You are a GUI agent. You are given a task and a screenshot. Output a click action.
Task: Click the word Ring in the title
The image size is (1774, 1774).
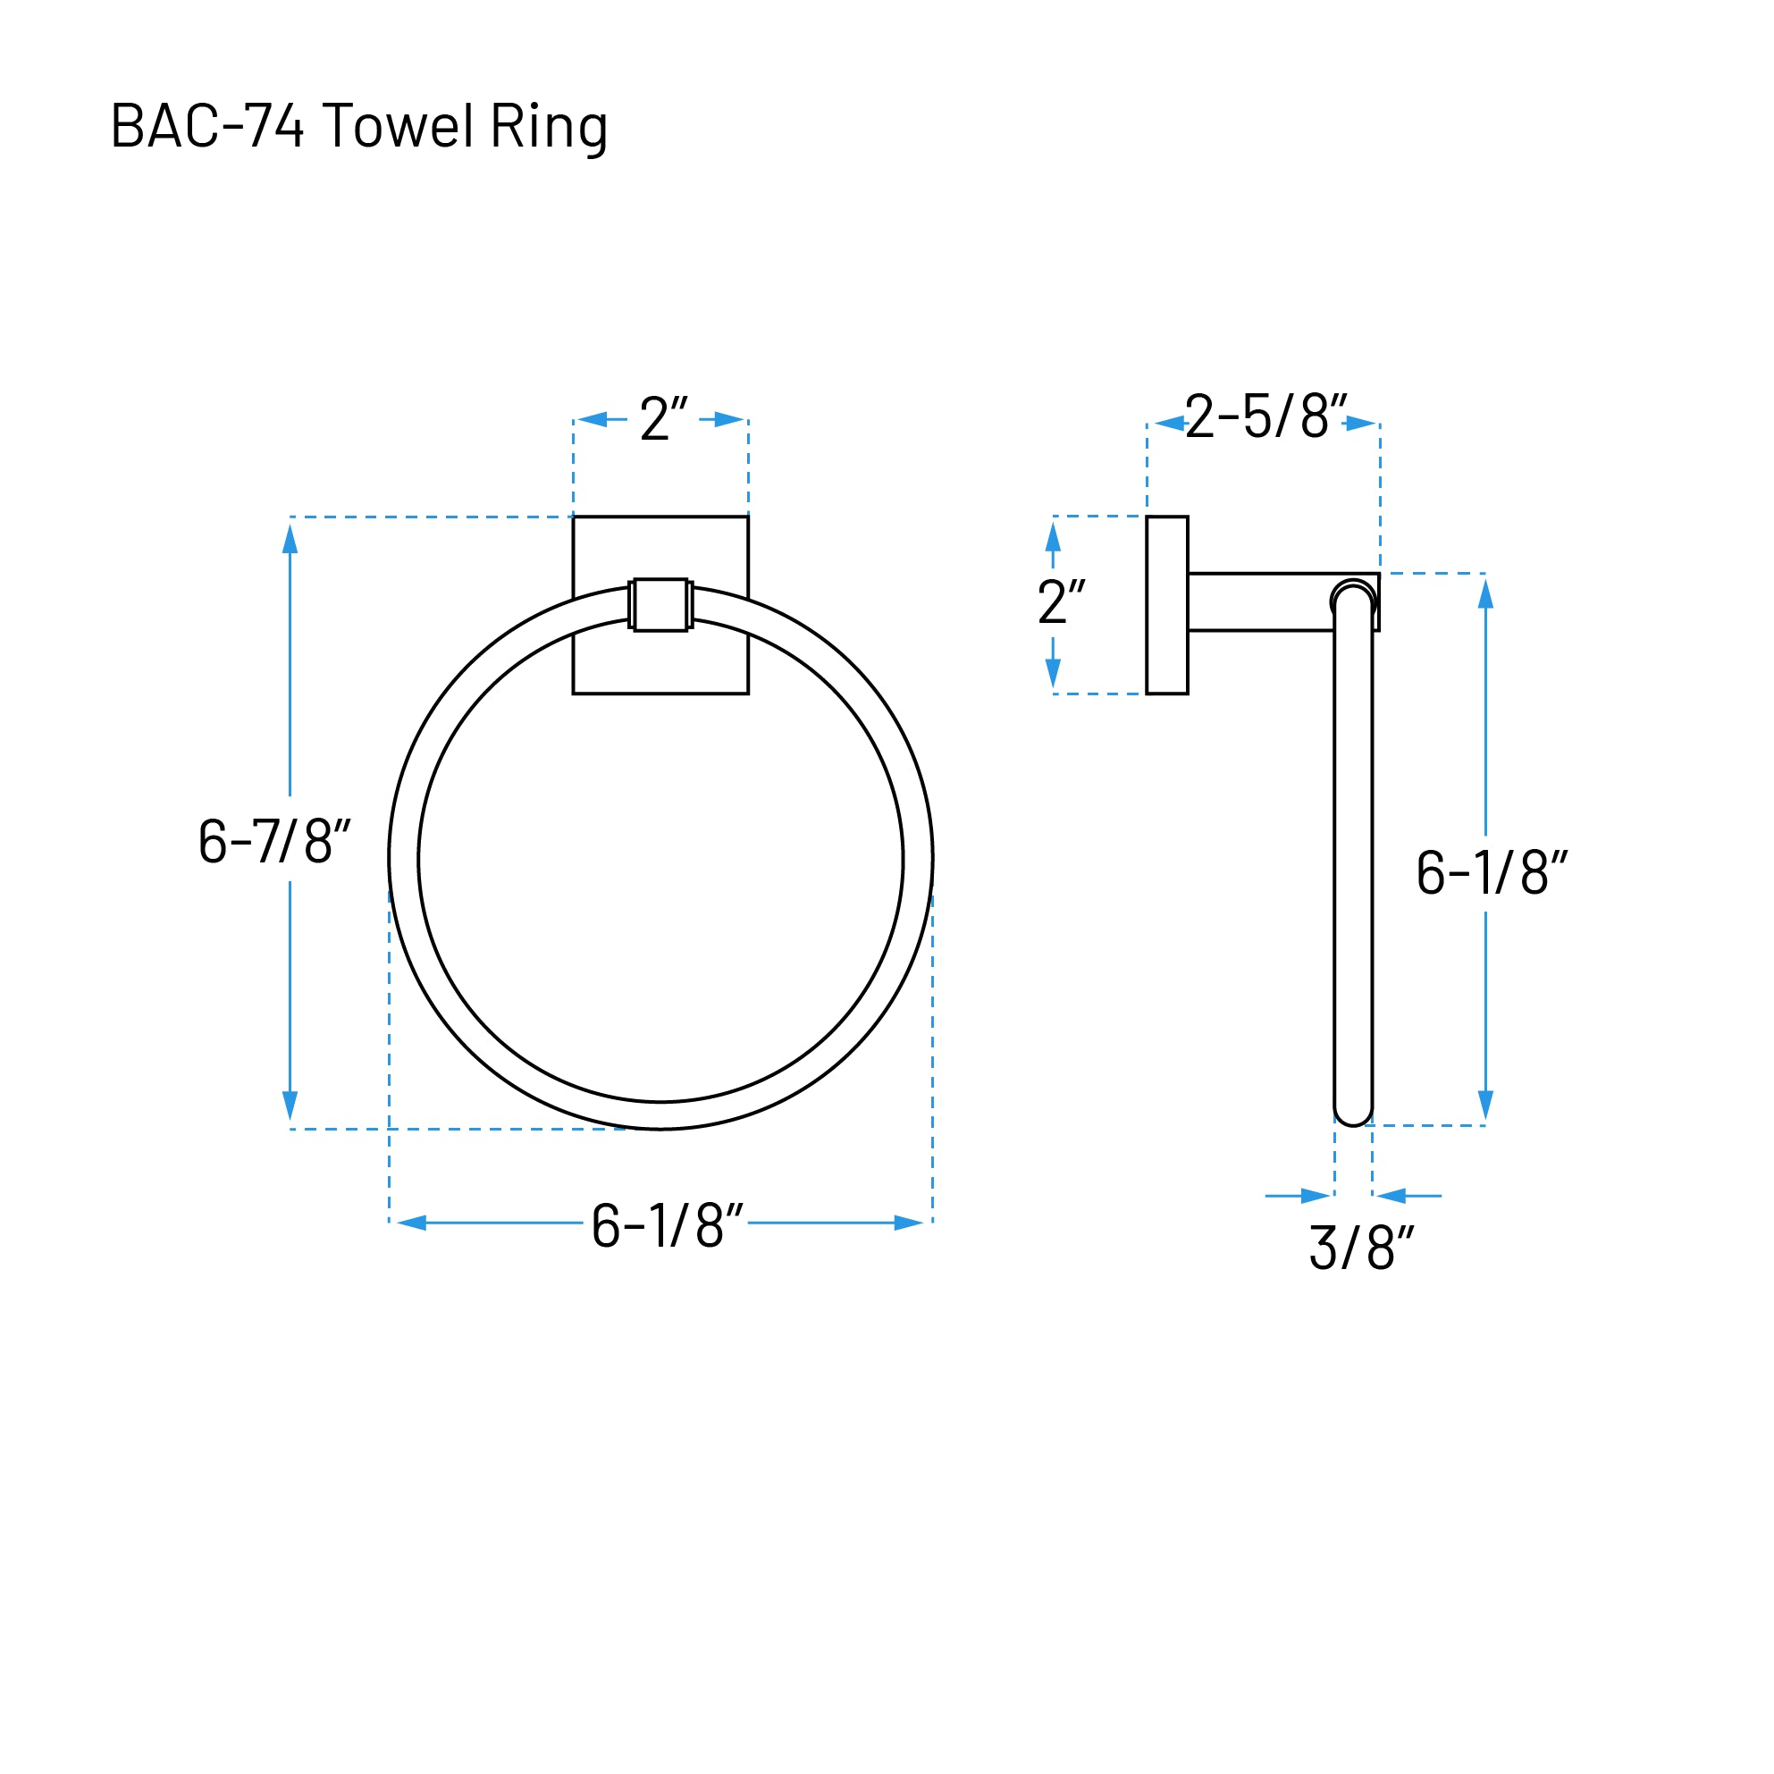(x=548, y=127)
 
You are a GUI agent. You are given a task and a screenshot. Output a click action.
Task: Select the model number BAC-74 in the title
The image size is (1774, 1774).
(x=206, y=125)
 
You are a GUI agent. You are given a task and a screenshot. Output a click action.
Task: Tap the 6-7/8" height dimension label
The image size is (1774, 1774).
(x=274, y=840)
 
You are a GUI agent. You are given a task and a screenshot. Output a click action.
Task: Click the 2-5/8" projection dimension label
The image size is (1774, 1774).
(x=1265, y=416)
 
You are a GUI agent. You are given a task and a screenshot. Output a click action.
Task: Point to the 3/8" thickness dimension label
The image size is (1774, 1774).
(x=1361, y=1248)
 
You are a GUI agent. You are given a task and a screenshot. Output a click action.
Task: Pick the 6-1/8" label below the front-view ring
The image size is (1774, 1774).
(x=667, y=1224)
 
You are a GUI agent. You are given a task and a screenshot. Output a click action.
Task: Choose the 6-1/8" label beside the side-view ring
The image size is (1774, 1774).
(x=1492, y=872)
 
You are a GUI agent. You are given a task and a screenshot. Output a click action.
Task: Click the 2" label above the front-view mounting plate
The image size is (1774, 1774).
(x=663, y=419)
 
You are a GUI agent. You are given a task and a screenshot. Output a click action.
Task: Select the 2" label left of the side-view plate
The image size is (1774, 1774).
(x=1062, y=602)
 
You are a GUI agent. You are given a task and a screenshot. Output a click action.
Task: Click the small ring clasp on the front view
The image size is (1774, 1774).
(x=660, y=605)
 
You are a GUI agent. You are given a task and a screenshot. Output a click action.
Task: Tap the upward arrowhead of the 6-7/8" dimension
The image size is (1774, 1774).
(x=290, y=540)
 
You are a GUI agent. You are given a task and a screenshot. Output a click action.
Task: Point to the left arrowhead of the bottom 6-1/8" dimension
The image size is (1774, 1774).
(x=412, y=1223)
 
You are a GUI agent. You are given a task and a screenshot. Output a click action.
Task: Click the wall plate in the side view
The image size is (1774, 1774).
(x=1167, y=605)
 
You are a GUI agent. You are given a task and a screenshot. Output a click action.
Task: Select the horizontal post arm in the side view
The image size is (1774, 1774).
(x=1260, y=602)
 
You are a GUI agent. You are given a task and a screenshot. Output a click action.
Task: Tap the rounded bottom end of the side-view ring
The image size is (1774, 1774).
(x=1352, y=1114)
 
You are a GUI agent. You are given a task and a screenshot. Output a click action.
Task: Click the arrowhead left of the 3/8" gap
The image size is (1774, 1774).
(x=1315, y=1196)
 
